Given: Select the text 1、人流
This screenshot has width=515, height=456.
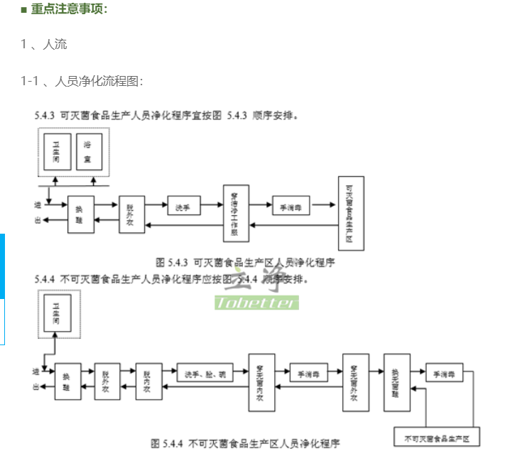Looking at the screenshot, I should point(44,45).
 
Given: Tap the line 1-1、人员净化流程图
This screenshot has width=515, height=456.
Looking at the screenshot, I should point(82,82).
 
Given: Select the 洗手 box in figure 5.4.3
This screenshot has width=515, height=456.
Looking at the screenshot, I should point(183,206).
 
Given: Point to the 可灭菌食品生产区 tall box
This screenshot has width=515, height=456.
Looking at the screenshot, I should point(350,212).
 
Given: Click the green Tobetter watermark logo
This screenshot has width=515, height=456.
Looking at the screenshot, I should point(256,303).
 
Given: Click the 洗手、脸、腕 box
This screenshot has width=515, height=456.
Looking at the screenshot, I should point(205,373).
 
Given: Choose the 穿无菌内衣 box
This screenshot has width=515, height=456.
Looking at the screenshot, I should point(261,381).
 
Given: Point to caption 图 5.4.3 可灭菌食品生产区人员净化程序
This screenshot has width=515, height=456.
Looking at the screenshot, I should point(246,262).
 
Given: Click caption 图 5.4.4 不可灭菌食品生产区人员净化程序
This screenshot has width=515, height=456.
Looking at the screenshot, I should point(245,443).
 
